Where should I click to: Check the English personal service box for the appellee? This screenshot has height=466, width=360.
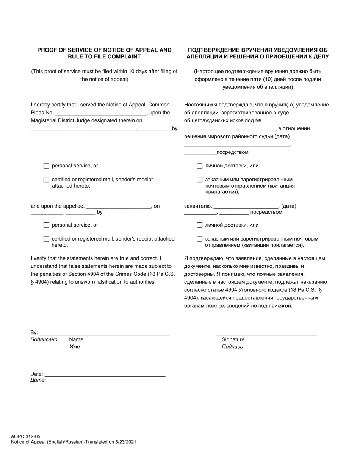point(46,225)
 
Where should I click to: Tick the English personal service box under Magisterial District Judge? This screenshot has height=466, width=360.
point(46,166)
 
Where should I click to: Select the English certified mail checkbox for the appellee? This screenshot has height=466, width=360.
point(46,239)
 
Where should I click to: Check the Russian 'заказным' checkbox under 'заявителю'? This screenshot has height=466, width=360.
point(200,239)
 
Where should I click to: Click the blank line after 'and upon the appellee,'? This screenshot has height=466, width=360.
point(119,207)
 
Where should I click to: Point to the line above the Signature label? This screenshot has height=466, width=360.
point(266,334)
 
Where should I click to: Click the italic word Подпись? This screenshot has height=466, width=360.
point(232,347)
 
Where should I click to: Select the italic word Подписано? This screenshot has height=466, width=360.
point(44,339)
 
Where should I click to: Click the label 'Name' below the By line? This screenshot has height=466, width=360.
point(76,339)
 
